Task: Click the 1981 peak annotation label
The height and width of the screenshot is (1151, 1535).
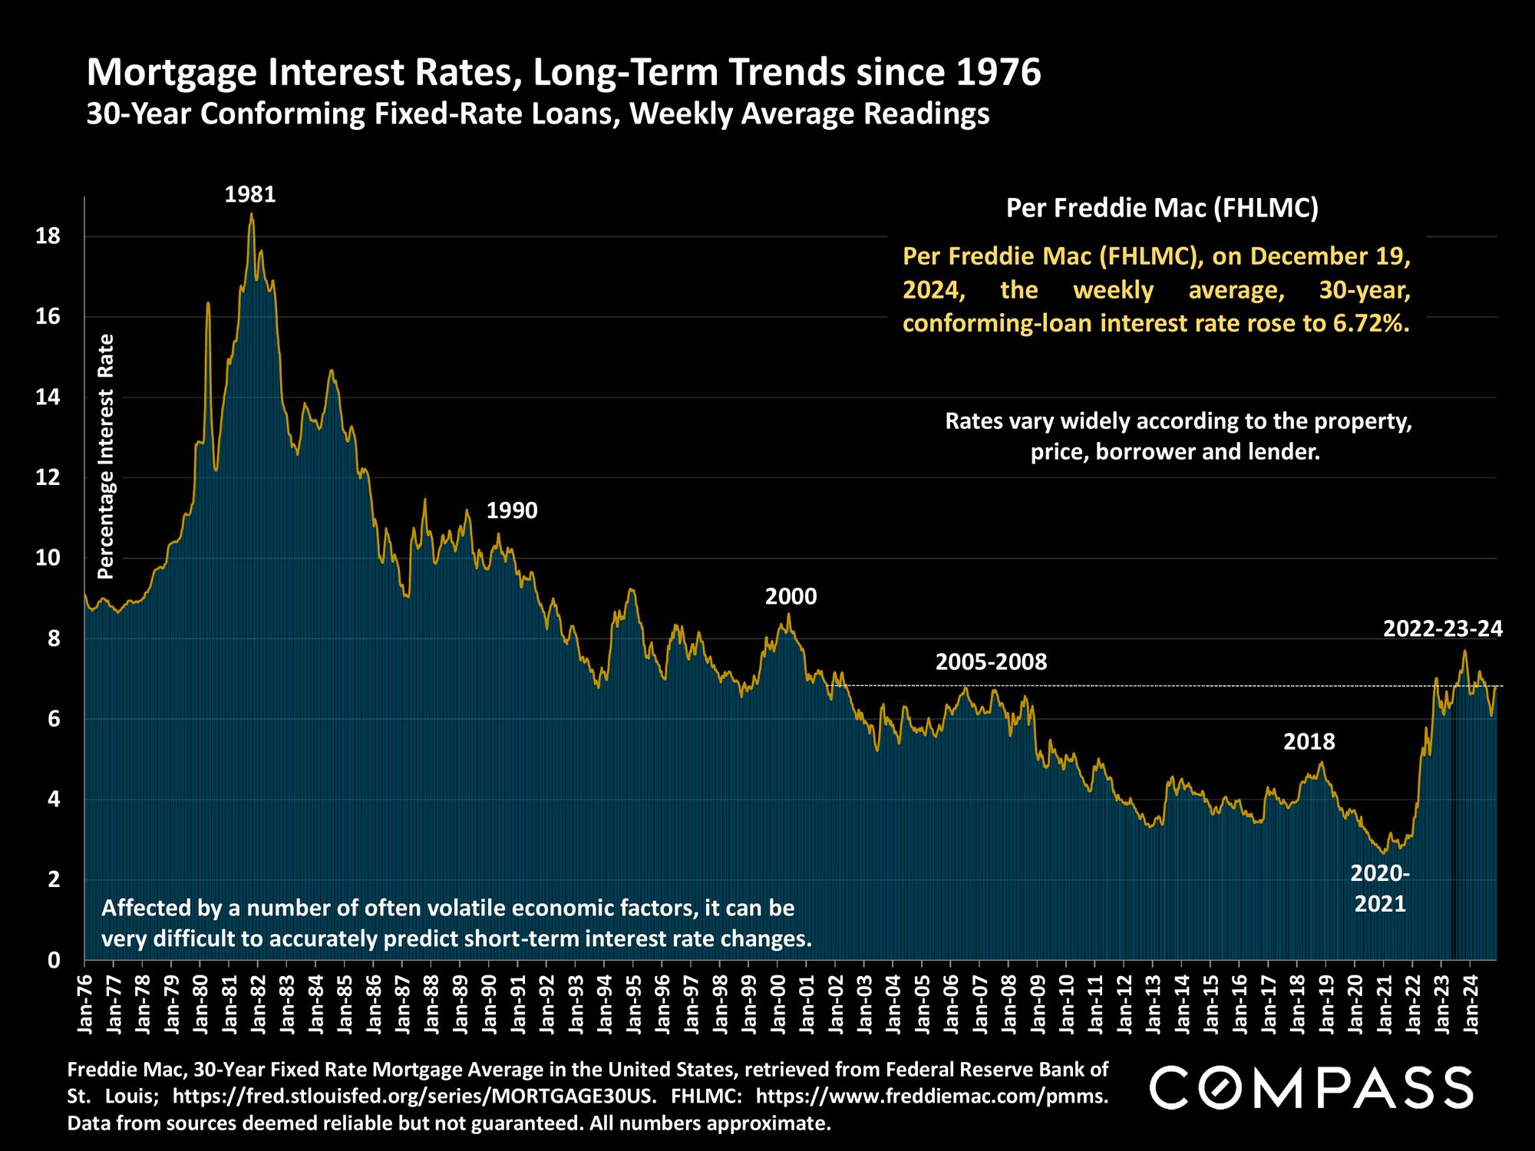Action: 250,195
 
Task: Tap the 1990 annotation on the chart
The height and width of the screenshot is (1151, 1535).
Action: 512,510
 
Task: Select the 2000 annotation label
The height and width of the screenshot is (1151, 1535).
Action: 791,596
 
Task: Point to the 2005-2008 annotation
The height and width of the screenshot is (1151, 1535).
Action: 991,661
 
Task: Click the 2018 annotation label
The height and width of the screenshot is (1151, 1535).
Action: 1309,742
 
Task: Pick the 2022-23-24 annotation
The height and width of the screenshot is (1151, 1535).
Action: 1442,629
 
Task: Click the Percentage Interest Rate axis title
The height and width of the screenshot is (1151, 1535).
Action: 106,457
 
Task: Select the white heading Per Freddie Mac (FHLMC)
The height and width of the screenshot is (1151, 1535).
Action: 1162,208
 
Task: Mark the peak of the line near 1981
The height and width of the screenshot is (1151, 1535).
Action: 251,214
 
